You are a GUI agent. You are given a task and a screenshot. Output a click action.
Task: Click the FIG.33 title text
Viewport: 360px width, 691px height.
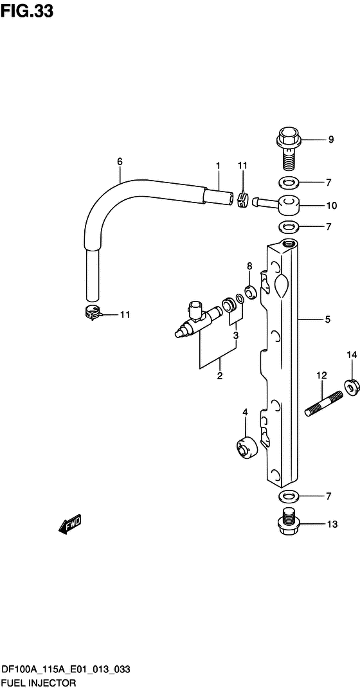click(x=27, y=11)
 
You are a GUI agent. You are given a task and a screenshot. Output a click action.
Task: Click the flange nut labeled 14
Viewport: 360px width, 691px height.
click(x=352, y=386)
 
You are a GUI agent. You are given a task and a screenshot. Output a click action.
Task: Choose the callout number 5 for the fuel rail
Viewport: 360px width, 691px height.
click(x=327, y=319)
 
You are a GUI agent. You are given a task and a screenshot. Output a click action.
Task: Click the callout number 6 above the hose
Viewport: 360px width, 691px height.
click(x=120, y=161)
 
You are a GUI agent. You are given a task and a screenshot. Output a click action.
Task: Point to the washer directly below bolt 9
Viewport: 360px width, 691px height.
click(x=289, y=182)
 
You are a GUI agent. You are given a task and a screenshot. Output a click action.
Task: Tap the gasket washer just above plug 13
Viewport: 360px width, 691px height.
click(x=289, y=497)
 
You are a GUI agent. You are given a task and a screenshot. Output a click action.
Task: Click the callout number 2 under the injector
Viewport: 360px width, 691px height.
click(x=219, y=376)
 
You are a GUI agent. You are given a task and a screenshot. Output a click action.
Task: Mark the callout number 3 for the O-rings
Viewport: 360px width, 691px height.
click(x=236, y=335)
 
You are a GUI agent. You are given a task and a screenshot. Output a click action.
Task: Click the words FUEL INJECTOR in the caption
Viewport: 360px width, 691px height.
click(x=40, y=683)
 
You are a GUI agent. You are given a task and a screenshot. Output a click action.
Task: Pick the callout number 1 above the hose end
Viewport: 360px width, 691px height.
click(x=219, y=166)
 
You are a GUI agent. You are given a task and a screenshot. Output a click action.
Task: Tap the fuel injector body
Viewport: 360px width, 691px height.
click(x=196, y=319)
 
